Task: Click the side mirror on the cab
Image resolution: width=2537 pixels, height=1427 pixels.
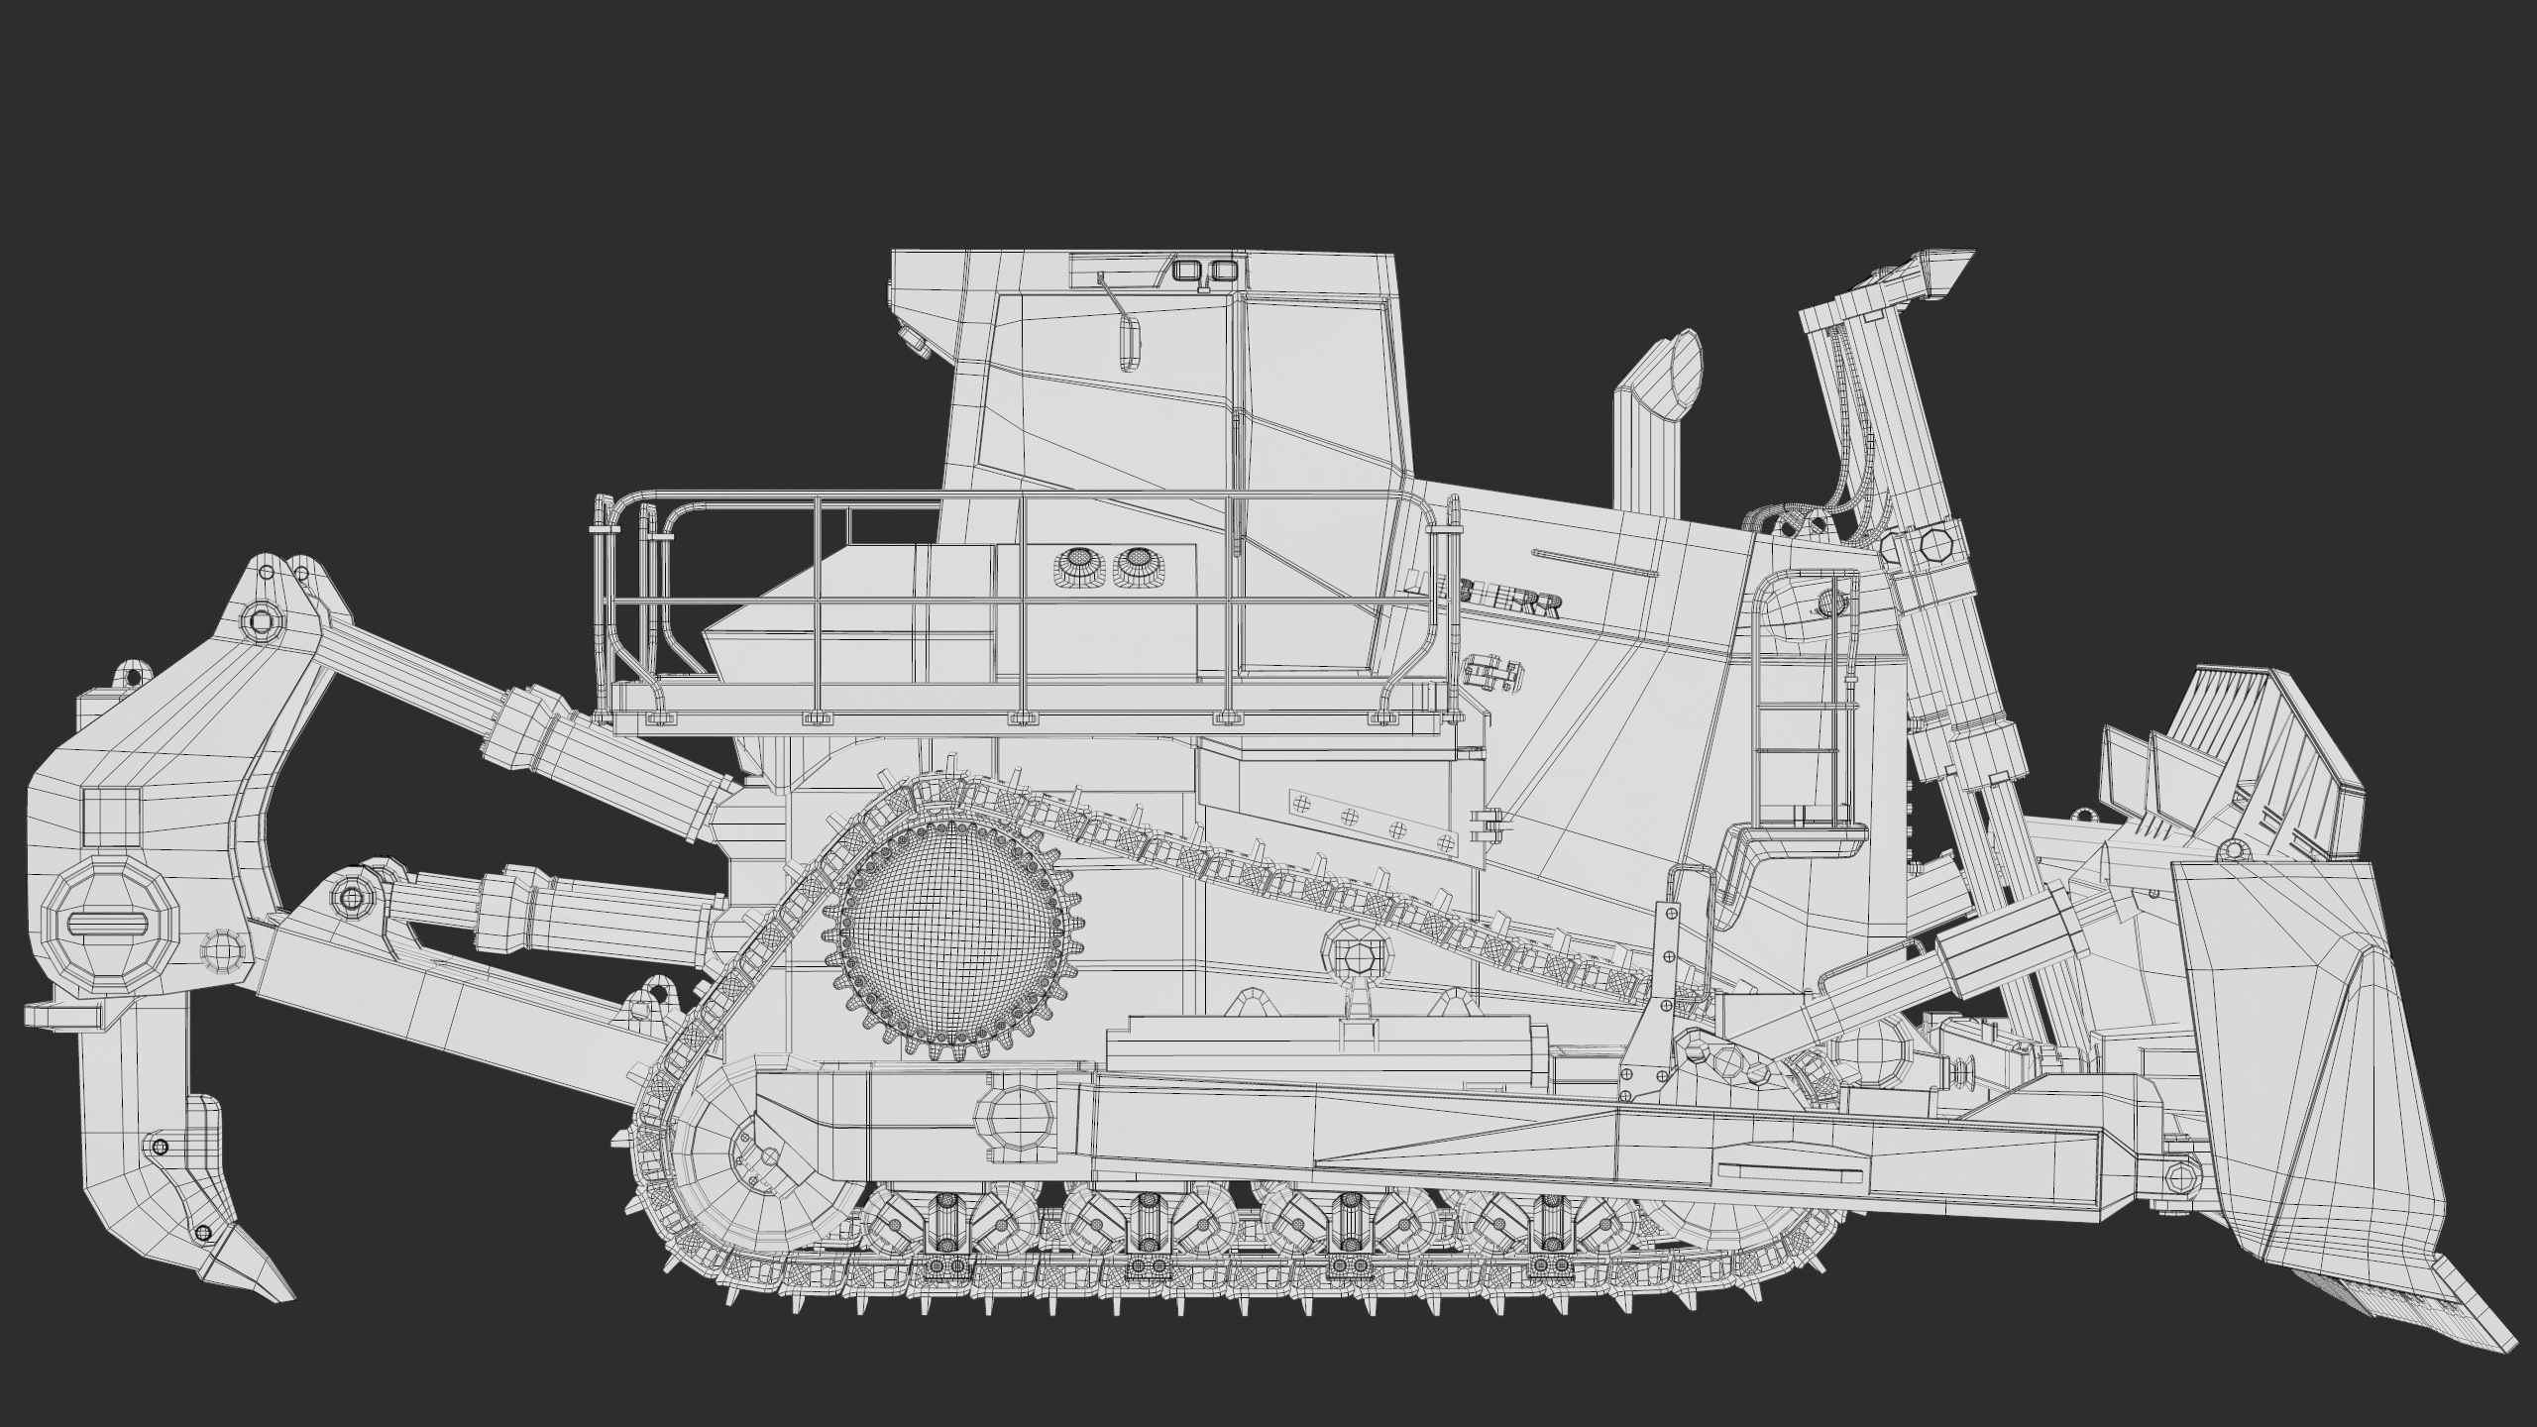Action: point(1128,344)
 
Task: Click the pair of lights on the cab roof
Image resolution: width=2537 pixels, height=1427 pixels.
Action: point(1204,271)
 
